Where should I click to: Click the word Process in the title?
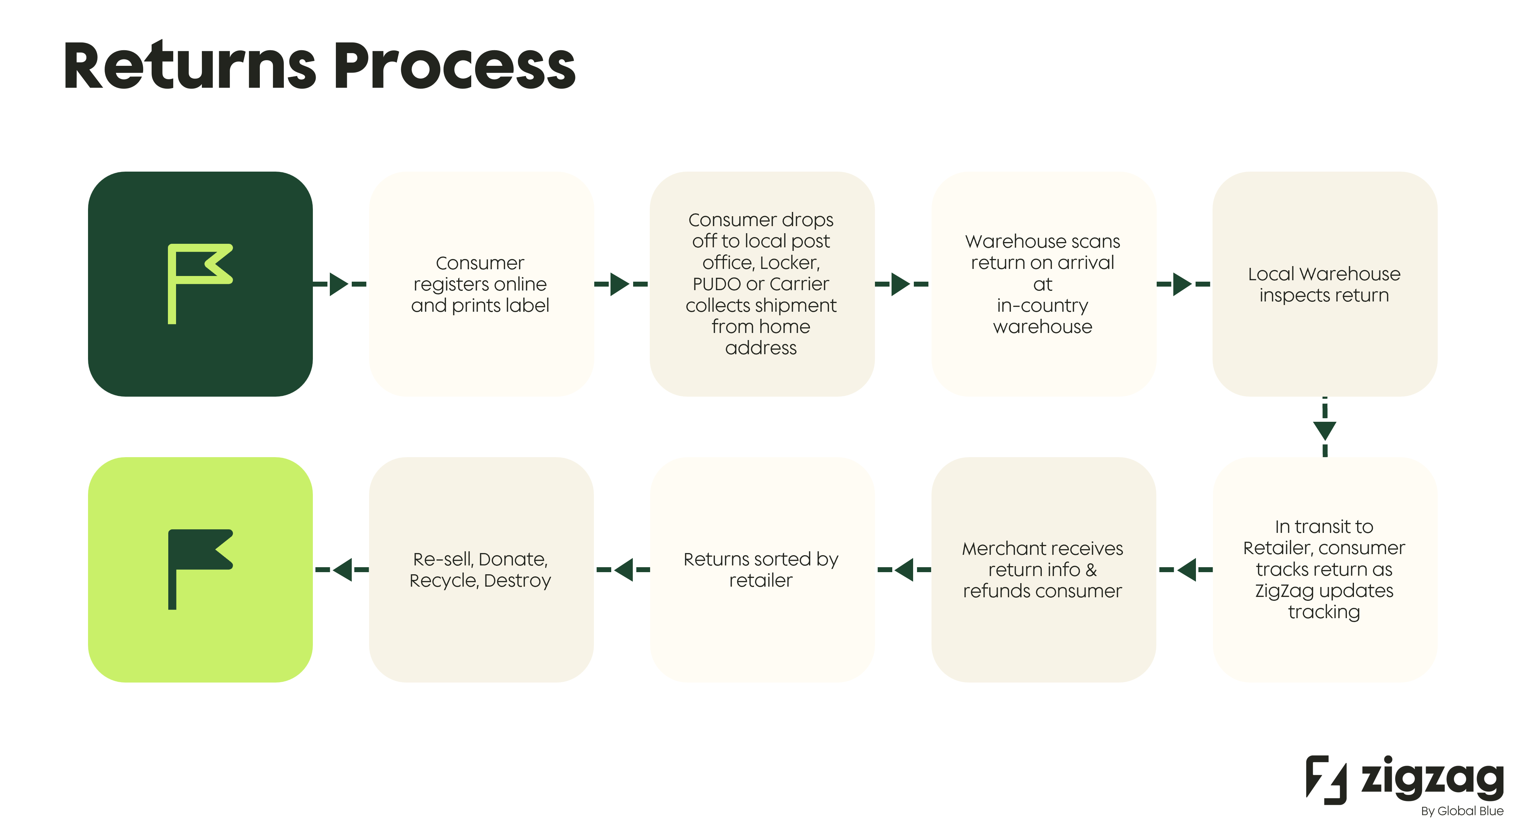click(454, 67)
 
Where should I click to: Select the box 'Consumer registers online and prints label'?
click(480, 284)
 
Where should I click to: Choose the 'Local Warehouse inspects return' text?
click(1324, 284)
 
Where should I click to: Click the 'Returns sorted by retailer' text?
click(761, 570)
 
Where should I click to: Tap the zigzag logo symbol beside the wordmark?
click(1326, 780)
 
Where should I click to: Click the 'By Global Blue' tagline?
click(1462, 811)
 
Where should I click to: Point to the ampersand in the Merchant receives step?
click(1091, 570)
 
